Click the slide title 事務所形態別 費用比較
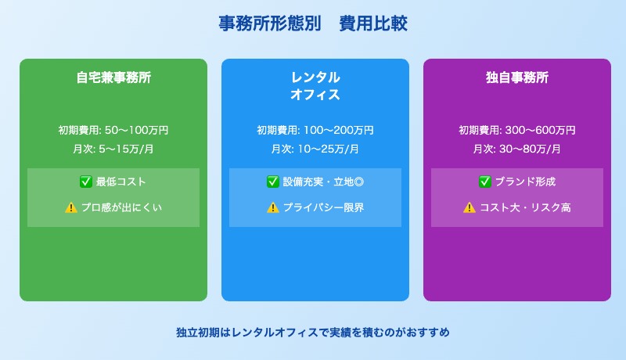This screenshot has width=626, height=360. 313,24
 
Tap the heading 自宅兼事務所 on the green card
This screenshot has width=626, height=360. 113,78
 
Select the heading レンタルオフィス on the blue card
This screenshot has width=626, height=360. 315,86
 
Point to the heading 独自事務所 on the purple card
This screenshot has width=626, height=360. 517,78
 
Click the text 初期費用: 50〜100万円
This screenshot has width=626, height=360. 113,130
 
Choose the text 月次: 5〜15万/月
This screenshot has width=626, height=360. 113,149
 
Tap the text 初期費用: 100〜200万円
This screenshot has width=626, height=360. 315,130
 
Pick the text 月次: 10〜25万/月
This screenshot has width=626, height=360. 315,149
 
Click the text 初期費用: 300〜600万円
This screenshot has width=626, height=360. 517,130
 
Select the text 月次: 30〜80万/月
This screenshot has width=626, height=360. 517,149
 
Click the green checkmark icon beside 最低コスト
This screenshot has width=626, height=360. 86,182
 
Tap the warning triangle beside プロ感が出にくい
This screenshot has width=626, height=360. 70,207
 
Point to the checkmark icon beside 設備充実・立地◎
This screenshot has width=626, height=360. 273,182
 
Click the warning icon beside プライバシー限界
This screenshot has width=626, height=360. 273,207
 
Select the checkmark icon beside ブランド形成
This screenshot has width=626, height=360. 485,182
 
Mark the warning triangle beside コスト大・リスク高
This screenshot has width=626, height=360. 469,207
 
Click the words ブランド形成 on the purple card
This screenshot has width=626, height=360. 524,182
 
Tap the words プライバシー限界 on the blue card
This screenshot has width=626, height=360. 324,207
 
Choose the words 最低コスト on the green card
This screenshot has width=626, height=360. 121,182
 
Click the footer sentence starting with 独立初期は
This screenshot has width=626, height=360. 313,332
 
